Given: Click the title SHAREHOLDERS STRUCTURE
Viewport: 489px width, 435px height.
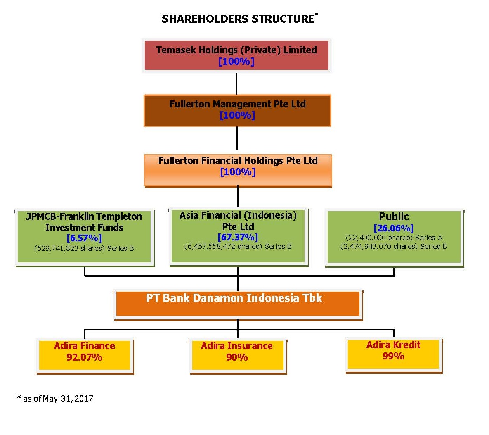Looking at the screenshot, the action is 238,19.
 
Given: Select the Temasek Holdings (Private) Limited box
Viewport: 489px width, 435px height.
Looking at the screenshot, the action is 236,55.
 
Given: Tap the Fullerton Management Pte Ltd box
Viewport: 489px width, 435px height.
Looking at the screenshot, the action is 237,110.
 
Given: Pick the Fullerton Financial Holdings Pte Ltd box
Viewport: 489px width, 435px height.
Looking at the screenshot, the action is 238,171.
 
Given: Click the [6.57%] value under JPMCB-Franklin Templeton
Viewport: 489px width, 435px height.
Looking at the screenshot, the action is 84,238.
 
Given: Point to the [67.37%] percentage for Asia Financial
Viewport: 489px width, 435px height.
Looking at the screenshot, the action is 238,238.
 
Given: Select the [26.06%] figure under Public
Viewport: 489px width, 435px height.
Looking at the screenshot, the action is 394,228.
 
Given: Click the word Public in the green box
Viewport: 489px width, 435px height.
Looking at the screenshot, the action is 394,216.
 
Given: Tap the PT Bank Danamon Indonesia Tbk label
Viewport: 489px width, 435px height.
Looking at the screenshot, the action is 234,298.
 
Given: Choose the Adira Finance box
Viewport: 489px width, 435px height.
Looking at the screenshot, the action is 85,356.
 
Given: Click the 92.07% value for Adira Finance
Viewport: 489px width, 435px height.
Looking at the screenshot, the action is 84,357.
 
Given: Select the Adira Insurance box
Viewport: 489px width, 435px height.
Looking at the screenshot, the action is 238,356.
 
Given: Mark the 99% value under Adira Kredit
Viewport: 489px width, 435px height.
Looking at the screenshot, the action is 393,356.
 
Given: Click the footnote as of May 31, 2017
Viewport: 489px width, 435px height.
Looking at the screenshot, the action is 55,399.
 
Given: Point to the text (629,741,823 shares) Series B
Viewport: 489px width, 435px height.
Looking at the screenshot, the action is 84,249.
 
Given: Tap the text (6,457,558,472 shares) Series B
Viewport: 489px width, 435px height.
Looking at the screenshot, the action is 238,246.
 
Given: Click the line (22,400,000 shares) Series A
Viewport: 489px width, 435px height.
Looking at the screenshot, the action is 394,238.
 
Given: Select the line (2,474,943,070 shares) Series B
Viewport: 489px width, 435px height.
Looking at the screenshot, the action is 394,246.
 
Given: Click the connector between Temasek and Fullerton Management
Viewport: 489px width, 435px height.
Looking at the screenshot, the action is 236,83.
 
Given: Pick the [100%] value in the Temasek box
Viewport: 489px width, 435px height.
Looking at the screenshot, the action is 236,62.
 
